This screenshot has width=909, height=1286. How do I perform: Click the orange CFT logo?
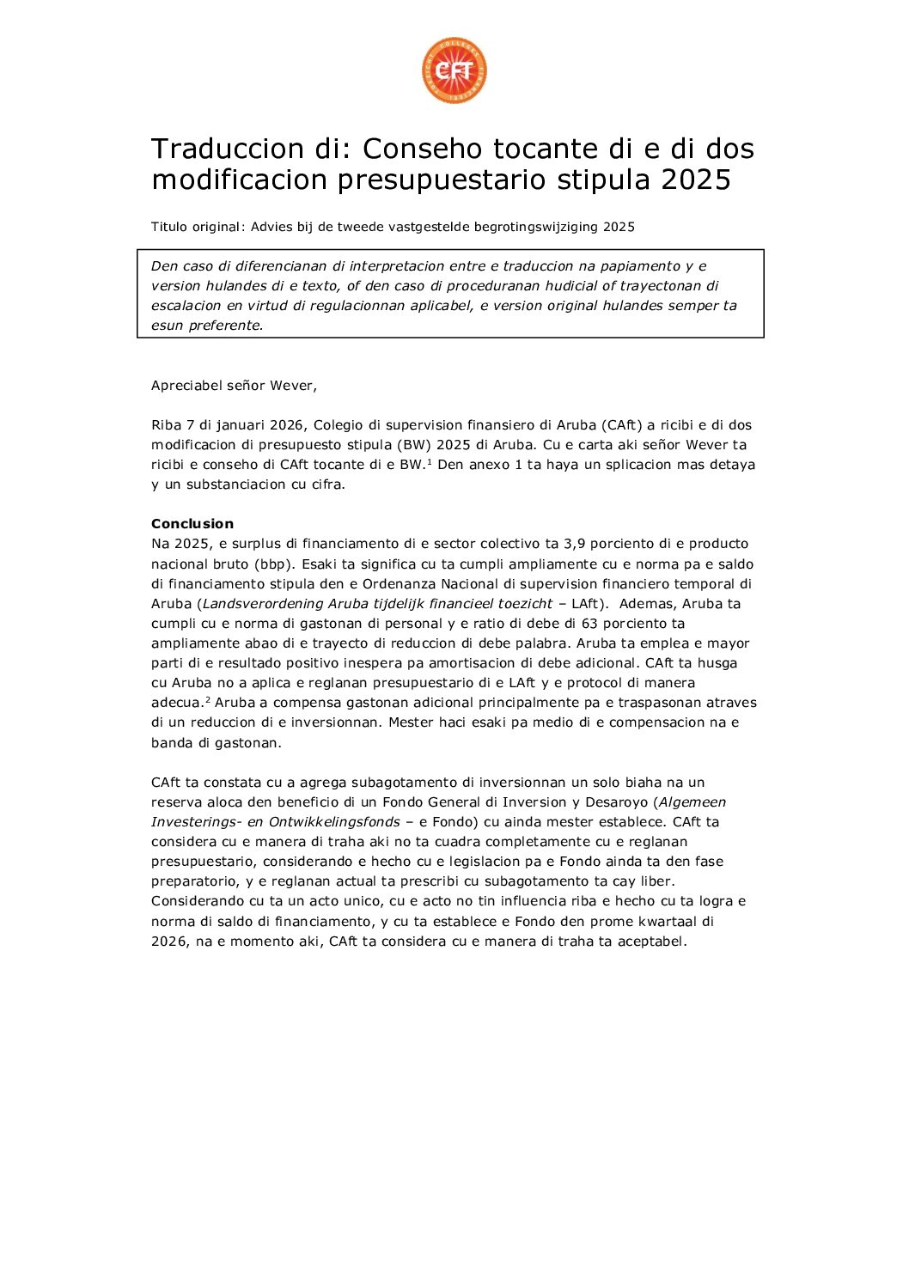click(x=454, y=71)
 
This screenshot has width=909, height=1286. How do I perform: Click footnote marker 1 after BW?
click(x=429, y=461)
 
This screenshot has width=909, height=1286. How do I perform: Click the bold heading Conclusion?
click(x=192, y=524)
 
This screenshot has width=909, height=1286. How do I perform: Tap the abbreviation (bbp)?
click(x=274, y=564)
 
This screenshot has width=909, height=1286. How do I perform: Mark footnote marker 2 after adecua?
click(x=208, y=699)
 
